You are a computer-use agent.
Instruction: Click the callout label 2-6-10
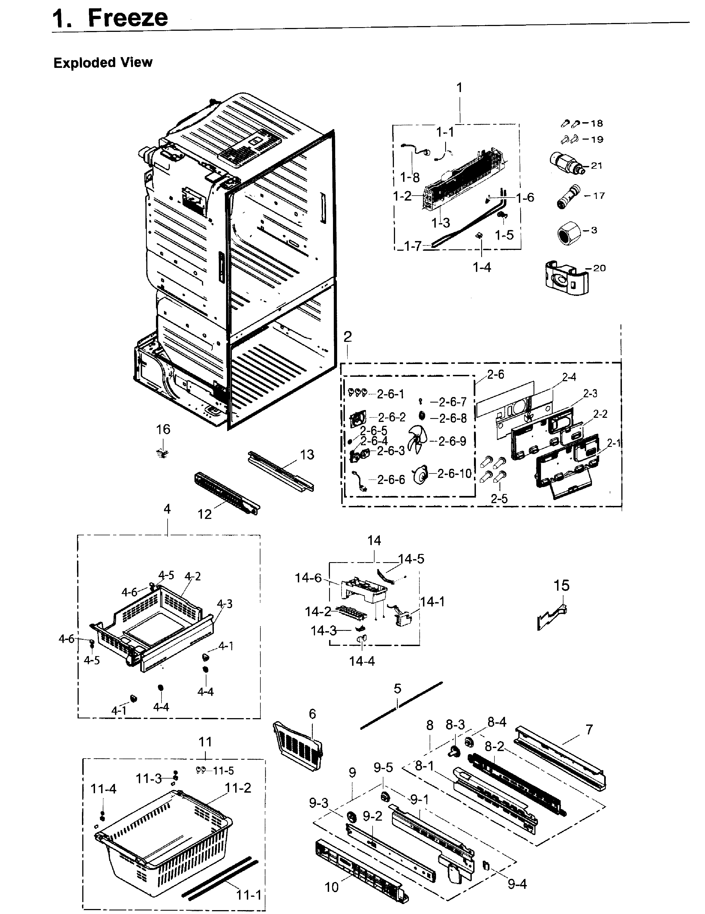pos(454,473)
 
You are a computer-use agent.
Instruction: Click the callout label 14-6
pos(308,578)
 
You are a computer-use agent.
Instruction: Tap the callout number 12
pos(205,514)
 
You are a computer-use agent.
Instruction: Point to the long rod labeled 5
pos(401,706)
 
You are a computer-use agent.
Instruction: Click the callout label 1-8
pos(410,177)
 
